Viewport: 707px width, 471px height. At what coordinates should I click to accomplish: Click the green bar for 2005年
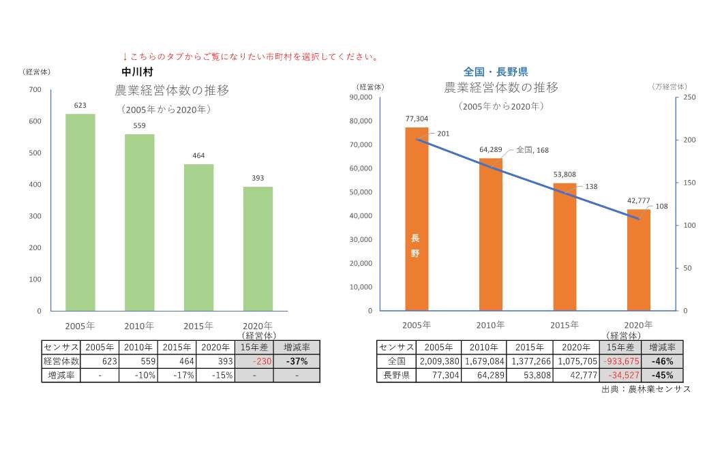click(x=80, y=212)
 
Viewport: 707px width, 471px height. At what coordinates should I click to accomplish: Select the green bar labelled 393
click(x=258, y=249)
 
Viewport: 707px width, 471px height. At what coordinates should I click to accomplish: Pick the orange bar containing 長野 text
click(x=417, y=219)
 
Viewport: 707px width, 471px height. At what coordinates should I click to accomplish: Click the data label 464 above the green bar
click(x=198, y=155)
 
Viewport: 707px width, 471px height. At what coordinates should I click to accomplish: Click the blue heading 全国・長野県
click(x=496, y=72)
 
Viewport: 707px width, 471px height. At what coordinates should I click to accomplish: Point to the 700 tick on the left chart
click(x=35, y=90)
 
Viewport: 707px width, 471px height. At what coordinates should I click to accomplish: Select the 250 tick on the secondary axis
click(x=689, y=97)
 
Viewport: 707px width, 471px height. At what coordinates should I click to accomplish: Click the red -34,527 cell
click(x=620, y=375)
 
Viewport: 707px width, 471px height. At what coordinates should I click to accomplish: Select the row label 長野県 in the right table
click(x=396, y=375)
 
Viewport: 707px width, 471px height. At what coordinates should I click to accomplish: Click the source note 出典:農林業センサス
click(x=646, y=389)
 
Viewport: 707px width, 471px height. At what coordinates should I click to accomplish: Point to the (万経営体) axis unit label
click(x=670, y=87)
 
